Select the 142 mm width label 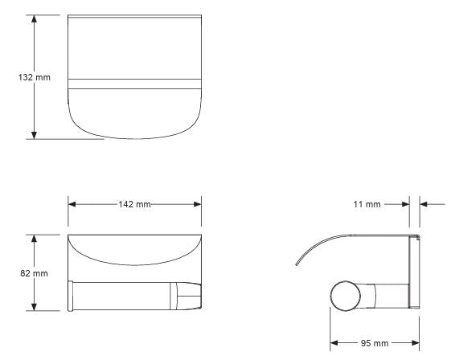[x=133, y=204]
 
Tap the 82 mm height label [x=17, y=273]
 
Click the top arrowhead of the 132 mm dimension [x=34, y=20]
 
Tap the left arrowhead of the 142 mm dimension [x=72, y=204]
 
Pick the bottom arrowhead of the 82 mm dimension [x=34, y=307]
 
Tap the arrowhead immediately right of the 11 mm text [x=404, y=205]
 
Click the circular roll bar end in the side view [x=346, y=296]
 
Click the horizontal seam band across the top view [x=133, y=81]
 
